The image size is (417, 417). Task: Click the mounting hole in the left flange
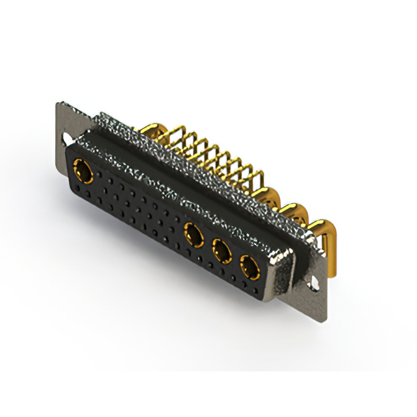(68, 139)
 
